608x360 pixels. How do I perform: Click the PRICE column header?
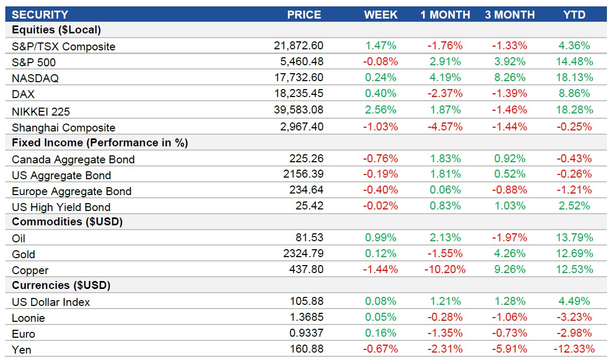point(304,15)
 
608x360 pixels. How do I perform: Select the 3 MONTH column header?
point(509,15)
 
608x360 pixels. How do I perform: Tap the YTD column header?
point(575,15)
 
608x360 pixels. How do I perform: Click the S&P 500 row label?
point(33,63)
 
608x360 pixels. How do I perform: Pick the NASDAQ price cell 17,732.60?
point(298,78)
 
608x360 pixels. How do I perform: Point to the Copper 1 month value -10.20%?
point(445,269)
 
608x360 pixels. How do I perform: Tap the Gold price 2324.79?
point(303,253)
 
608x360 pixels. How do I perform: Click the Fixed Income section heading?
point(100,143)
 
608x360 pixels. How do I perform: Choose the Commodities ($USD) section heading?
point(67,222)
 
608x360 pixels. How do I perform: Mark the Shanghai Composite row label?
point(63,127)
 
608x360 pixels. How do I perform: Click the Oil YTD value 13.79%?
point(575,238)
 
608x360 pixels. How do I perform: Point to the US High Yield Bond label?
point(61,207)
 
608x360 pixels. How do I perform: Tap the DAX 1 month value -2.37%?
point(445,94)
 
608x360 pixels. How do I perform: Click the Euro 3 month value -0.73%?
point(509,333)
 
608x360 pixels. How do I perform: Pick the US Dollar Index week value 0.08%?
point(381,301)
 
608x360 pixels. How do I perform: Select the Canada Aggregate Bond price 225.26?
point(306,158)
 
